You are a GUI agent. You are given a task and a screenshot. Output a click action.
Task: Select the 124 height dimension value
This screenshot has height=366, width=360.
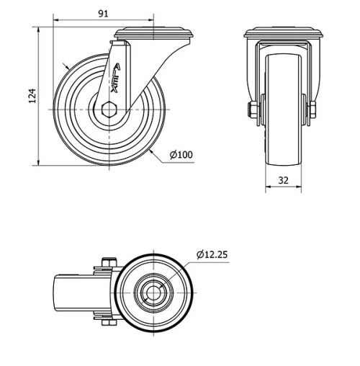[31, 97]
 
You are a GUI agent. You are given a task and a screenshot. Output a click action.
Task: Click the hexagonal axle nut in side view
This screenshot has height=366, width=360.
[109, 110]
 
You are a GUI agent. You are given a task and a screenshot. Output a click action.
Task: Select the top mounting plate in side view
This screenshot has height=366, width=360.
[156, 32]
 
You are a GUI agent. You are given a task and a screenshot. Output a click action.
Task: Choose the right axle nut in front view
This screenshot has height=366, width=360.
[314, 110]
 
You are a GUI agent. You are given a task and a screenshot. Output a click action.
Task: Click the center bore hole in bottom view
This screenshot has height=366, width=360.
[154, 294]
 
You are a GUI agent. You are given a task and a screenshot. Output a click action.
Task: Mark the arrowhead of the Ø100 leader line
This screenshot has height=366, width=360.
[150, 153]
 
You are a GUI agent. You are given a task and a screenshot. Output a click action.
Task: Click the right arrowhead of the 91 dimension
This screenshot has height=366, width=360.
[153, 20]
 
